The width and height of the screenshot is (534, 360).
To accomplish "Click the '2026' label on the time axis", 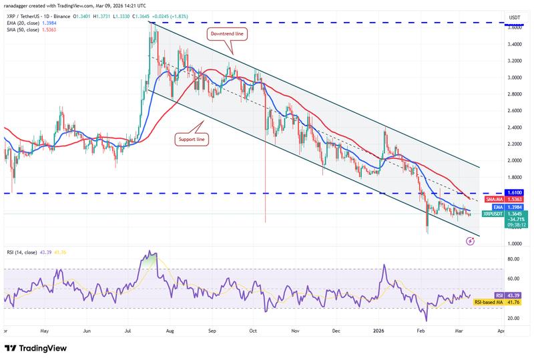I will coord(378,331).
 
